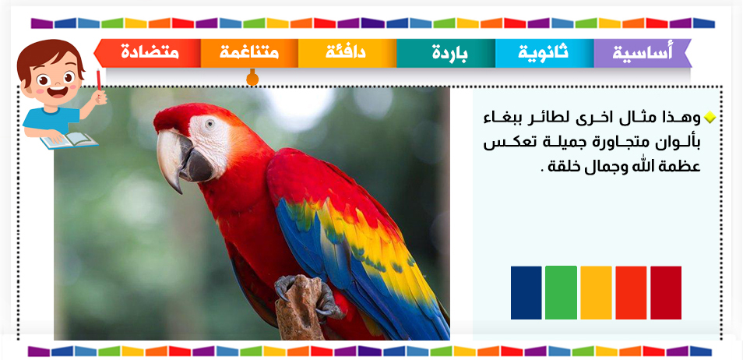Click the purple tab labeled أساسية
(643, 53)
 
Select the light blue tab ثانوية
(544, 53)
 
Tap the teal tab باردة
(446, 53)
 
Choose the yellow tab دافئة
(347, 53)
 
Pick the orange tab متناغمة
(249, 53)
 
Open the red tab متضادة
(148, 53)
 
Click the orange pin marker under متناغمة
(252, 78)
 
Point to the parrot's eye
(210, 124)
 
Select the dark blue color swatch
(526, 293)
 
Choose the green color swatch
(561, 293)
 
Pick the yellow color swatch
(596, 293)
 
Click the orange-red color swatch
(631, 293)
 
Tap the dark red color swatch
(666, 293)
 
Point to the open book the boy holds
(69, 140)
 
